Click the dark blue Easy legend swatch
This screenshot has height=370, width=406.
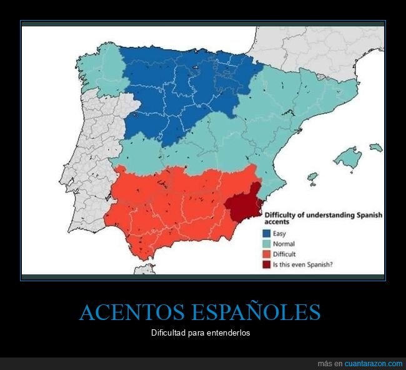tap(266, 233)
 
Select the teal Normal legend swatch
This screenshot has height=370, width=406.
tap(266, 244)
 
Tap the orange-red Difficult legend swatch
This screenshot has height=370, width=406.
tap(266, 254)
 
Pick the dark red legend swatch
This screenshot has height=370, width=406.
tap(266, 264)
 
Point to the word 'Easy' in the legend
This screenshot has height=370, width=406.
tap(279, 233)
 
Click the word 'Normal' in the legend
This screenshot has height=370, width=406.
tap(284, 244)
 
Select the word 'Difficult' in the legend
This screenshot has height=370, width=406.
tap(285, 254)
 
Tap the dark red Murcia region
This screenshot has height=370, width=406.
tap(244, 203)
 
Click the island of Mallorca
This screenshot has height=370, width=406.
tap(347, 157)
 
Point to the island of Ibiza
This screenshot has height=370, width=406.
tap(312, 178)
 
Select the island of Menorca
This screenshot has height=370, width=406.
tap(375, 147)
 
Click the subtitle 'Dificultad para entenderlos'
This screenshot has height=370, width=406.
tap(201, 332)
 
